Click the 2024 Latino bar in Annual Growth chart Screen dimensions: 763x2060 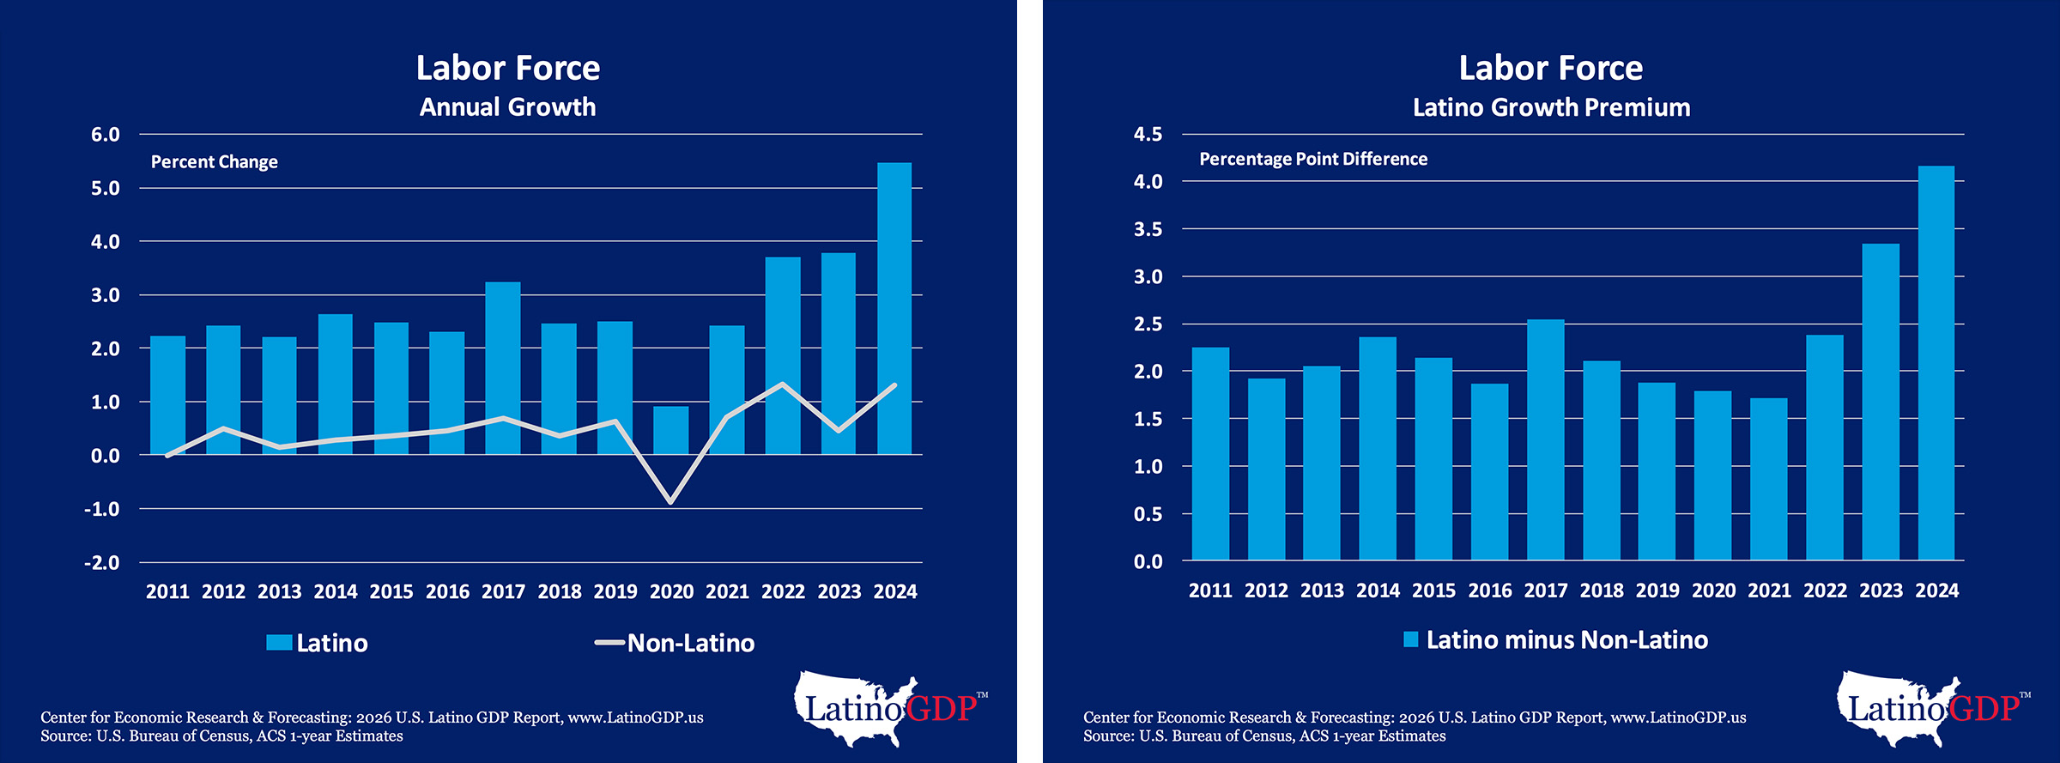(x=894, y=309)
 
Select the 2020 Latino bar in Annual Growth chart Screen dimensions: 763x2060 (x=670, y=430)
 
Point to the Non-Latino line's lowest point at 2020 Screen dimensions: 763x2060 (x=670, y=501)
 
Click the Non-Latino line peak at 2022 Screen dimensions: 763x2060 (x=783, y=385)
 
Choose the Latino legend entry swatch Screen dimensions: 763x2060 (x=279, y=643)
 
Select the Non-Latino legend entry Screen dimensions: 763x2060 (x=675, y=643)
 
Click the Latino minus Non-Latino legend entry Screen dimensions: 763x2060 (x=1555, y=640)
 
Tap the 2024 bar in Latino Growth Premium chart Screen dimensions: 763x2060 (x=1936, y=363)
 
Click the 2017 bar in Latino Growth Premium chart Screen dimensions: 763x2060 (x=1546, y=439)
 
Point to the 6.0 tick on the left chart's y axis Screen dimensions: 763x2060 (x=106, y=135)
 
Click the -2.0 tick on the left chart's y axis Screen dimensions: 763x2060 (x=102, y=563)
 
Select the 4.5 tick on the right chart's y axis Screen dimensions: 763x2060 (x=1148, y=135)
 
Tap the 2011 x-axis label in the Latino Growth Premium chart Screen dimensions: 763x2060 (x=1210, y=590)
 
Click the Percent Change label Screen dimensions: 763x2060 (x=215, y=162)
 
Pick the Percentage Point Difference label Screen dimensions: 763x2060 (x=1313, y=159)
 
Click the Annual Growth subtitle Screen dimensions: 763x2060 (x=507, y=107)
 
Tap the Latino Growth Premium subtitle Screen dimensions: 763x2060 (x=1551, y=107)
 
